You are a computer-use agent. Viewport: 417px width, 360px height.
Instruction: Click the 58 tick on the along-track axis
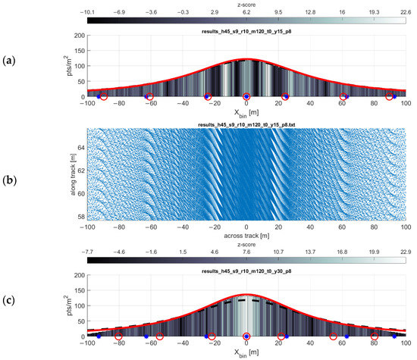coord(80,217)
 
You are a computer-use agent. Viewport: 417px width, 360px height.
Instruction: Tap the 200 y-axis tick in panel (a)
coord(76,36)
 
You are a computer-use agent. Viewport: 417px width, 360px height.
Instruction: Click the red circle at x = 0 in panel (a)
coord(246,97)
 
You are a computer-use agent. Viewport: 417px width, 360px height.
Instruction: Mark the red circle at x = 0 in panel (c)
coord(246,336)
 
